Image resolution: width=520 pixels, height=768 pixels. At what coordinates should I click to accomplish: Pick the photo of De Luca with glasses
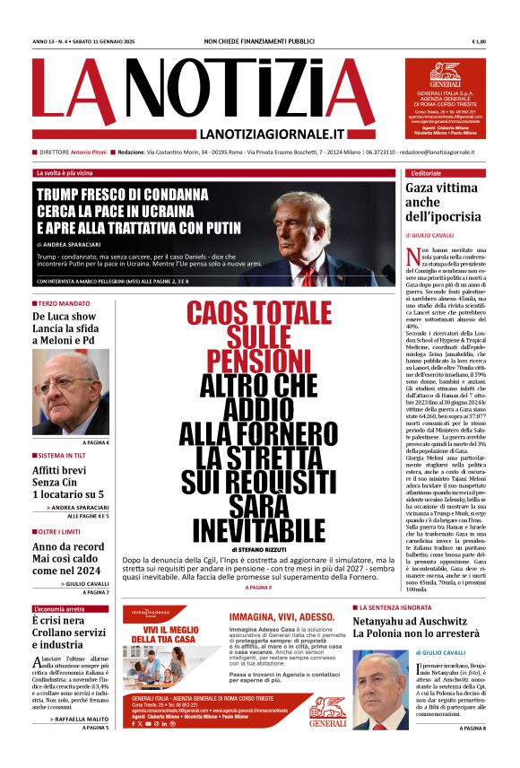[71, 392]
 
